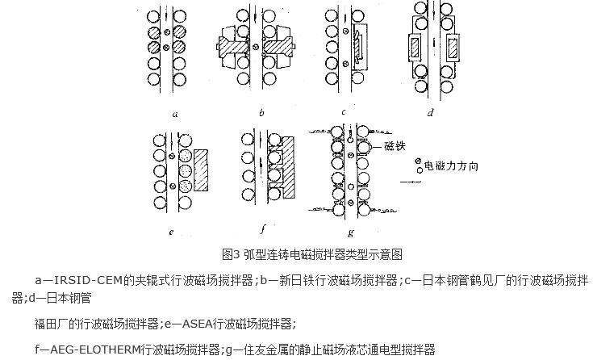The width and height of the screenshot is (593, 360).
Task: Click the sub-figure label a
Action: (x=175, y=114)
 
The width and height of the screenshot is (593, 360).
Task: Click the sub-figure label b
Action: (x=261, y=112)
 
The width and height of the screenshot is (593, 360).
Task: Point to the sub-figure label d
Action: (x=430, y=112)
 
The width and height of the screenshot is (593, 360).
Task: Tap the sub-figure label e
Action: (x=171, y=232)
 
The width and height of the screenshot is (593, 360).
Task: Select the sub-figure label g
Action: (x=351, y=232)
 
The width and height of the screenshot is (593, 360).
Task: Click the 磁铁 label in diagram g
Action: (x=395, y=146)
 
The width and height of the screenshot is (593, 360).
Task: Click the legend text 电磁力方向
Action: (x=452, y=165)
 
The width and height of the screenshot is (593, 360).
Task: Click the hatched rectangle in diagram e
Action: (x=201, y=170)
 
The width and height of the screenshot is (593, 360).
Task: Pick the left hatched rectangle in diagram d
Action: (x=415, y=48)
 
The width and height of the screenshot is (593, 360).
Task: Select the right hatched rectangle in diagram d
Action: (x=453, y=48)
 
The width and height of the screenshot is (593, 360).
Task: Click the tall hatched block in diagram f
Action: (x=288, y=166)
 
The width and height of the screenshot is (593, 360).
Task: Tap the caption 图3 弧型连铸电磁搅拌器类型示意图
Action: (x=312, y=254)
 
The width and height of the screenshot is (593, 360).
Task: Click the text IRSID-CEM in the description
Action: (x=89, y=281)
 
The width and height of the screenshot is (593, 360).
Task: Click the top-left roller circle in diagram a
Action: (x=153, y=17)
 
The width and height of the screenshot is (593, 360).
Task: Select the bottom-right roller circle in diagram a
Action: (x=179, y=80)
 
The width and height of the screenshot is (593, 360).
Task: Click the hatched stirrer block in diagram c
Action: (x=358, y=46)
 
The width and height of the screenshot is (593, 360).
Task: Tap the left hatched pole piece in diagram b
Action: (x=232, y=46)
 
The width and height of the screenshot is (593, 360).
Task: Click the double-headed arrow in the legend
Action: (x=411, y=182)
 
